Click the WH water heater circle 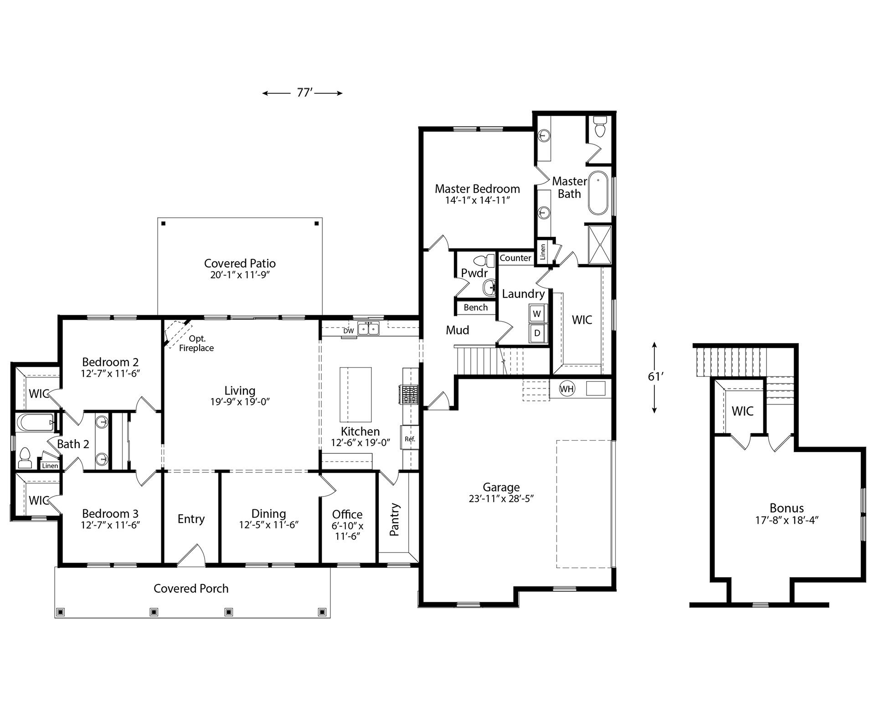click(566, 389)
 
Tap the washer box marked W click(537, 313)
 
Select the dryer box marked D click(537, 333)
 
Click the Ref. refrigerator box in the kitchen click(409, 439)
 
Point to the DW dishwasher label click(348, 331)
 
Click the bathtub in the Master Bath click(598, 193)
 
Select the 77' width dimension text click(304, 93)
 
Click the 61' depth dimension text click(655, 376)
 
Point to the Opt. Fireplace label click(196, 343)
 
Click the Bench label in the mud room click(475, 307)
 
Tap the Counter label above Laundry click(515, 258)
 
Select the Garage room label click(501, 487)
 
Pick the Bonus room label click(786, 507)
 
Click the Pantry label click(395, 519)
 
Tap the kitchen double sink click(369, 328)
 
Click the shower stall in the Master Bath click(600, 245)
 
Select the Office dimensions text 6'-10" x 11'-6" click(347, 531)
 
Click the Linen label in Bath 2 click(50, 466)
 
